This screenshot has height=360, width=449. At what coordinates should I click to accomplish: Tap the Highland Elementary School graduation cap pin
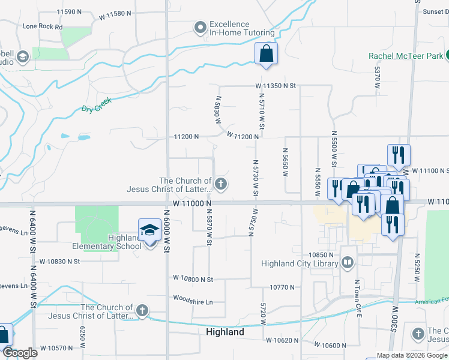pyautogui.click(x=149, y=230)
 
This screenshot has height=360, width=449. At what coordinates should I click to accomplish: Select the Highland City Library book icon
pyautogui.click(x=348, y=263)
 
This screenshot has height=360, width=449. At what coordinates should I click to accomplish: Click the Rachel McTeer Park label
pyautogui.click(x=406, y=56)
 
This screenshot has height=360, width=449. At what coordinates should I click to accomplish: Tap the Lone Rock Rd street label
pyautogui.click(x=42, y=27)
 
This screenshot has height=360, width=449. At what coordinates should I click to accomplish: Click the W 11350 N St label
pyautogui.click(x=276, y=86)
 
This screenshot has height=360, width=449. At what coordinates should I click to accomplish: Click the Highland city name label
pyautogui.click(x=224, y=332)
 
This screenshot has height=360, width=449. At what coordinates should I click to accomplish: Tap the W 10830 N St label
pyautogui.click(x=60, y=261)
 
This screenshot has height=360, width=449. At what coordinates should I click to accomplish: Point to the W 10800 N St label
pyautogui.click(x=193, y=279)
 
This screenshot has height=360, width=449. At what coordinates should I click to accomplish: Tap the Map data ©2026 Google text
pyautogui.click(x=411, y=355)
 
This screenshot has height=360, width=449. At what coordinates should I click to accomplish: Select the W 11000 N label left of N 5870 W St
pyautogui.click(x=193, y=204)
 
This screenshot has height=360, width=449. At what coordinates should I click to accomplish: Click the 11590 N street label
pyautogui.click(x=69, y=12)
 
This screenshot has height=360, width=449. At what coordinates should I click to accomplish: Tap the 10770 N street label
pyautogui.click(x=282, y=287)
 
